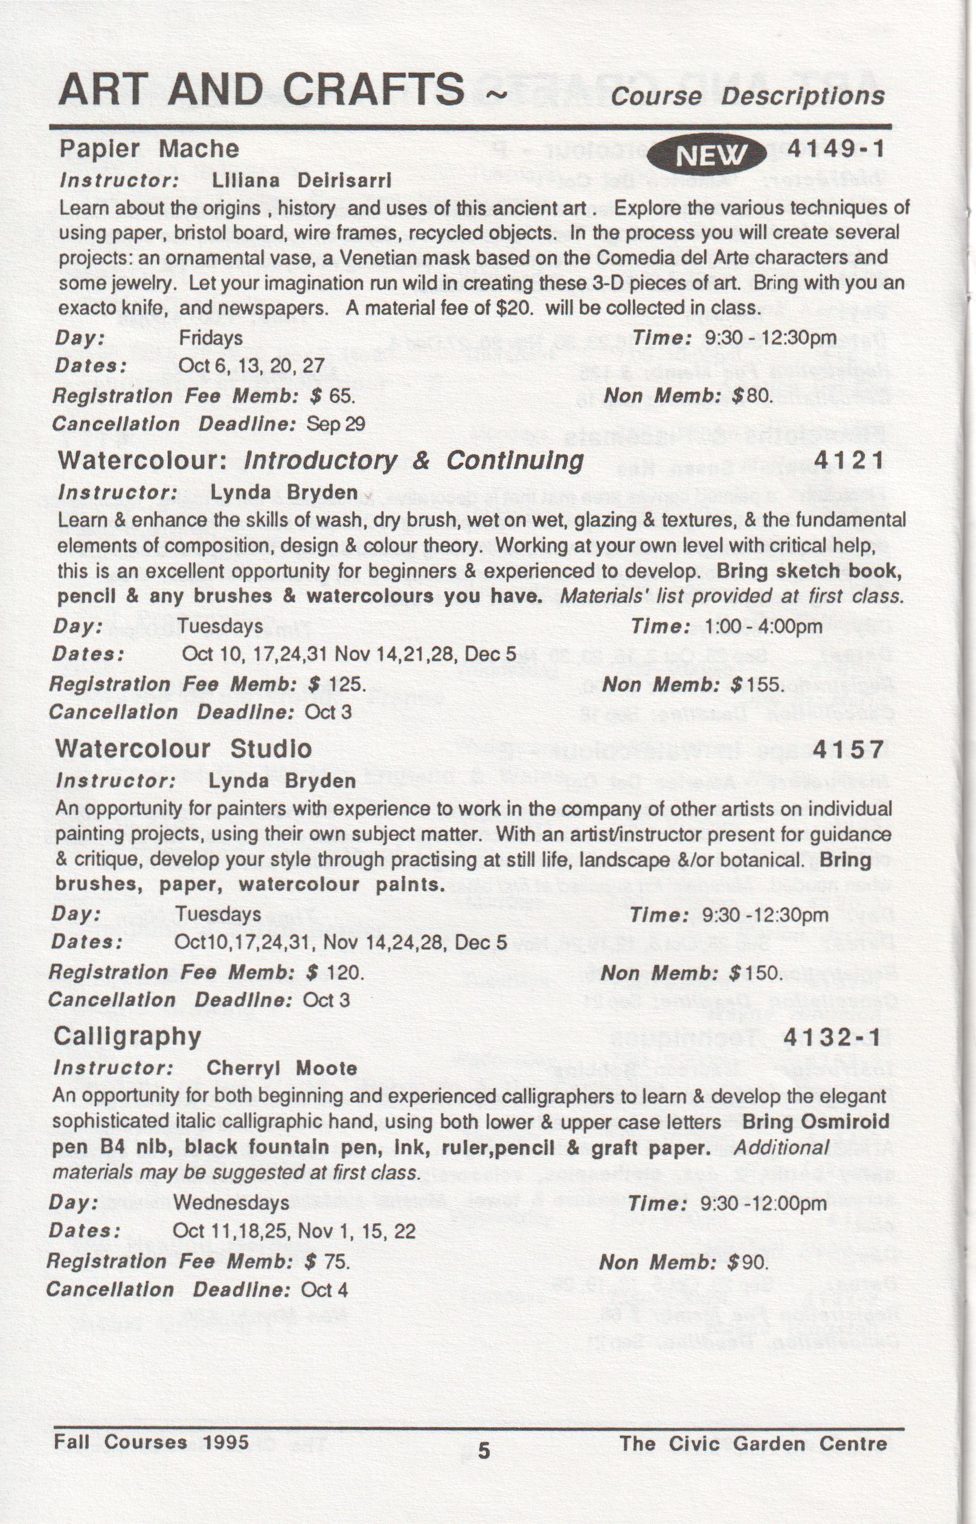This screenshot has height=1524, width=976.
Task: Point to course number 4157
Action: pyautogui.click(x=848, y=750)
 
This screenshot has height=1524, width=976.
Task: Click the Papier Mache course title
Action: pyautogui.click(x=149, y=149)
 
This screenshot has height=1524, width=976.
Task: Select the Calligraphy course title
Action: pyautogui.click(x=127, y=1036)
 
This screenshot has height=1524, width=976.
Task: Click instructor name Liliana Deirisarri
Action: pyautogui.click(x=301, y=181)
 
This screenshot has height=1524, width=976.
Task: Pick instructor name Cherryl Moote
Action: pyautogui.click(x=282, y=1069)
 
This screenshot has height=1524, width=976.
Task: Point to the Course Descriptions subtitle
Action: pyautogui.click(x=747, y=95)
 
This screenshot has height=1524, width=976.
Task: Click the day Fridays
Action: pyautogui.click(x=210, y=338)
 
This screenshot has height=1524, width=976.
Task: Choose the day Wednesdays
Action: pyautogui.click(x=231, y=1202)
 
